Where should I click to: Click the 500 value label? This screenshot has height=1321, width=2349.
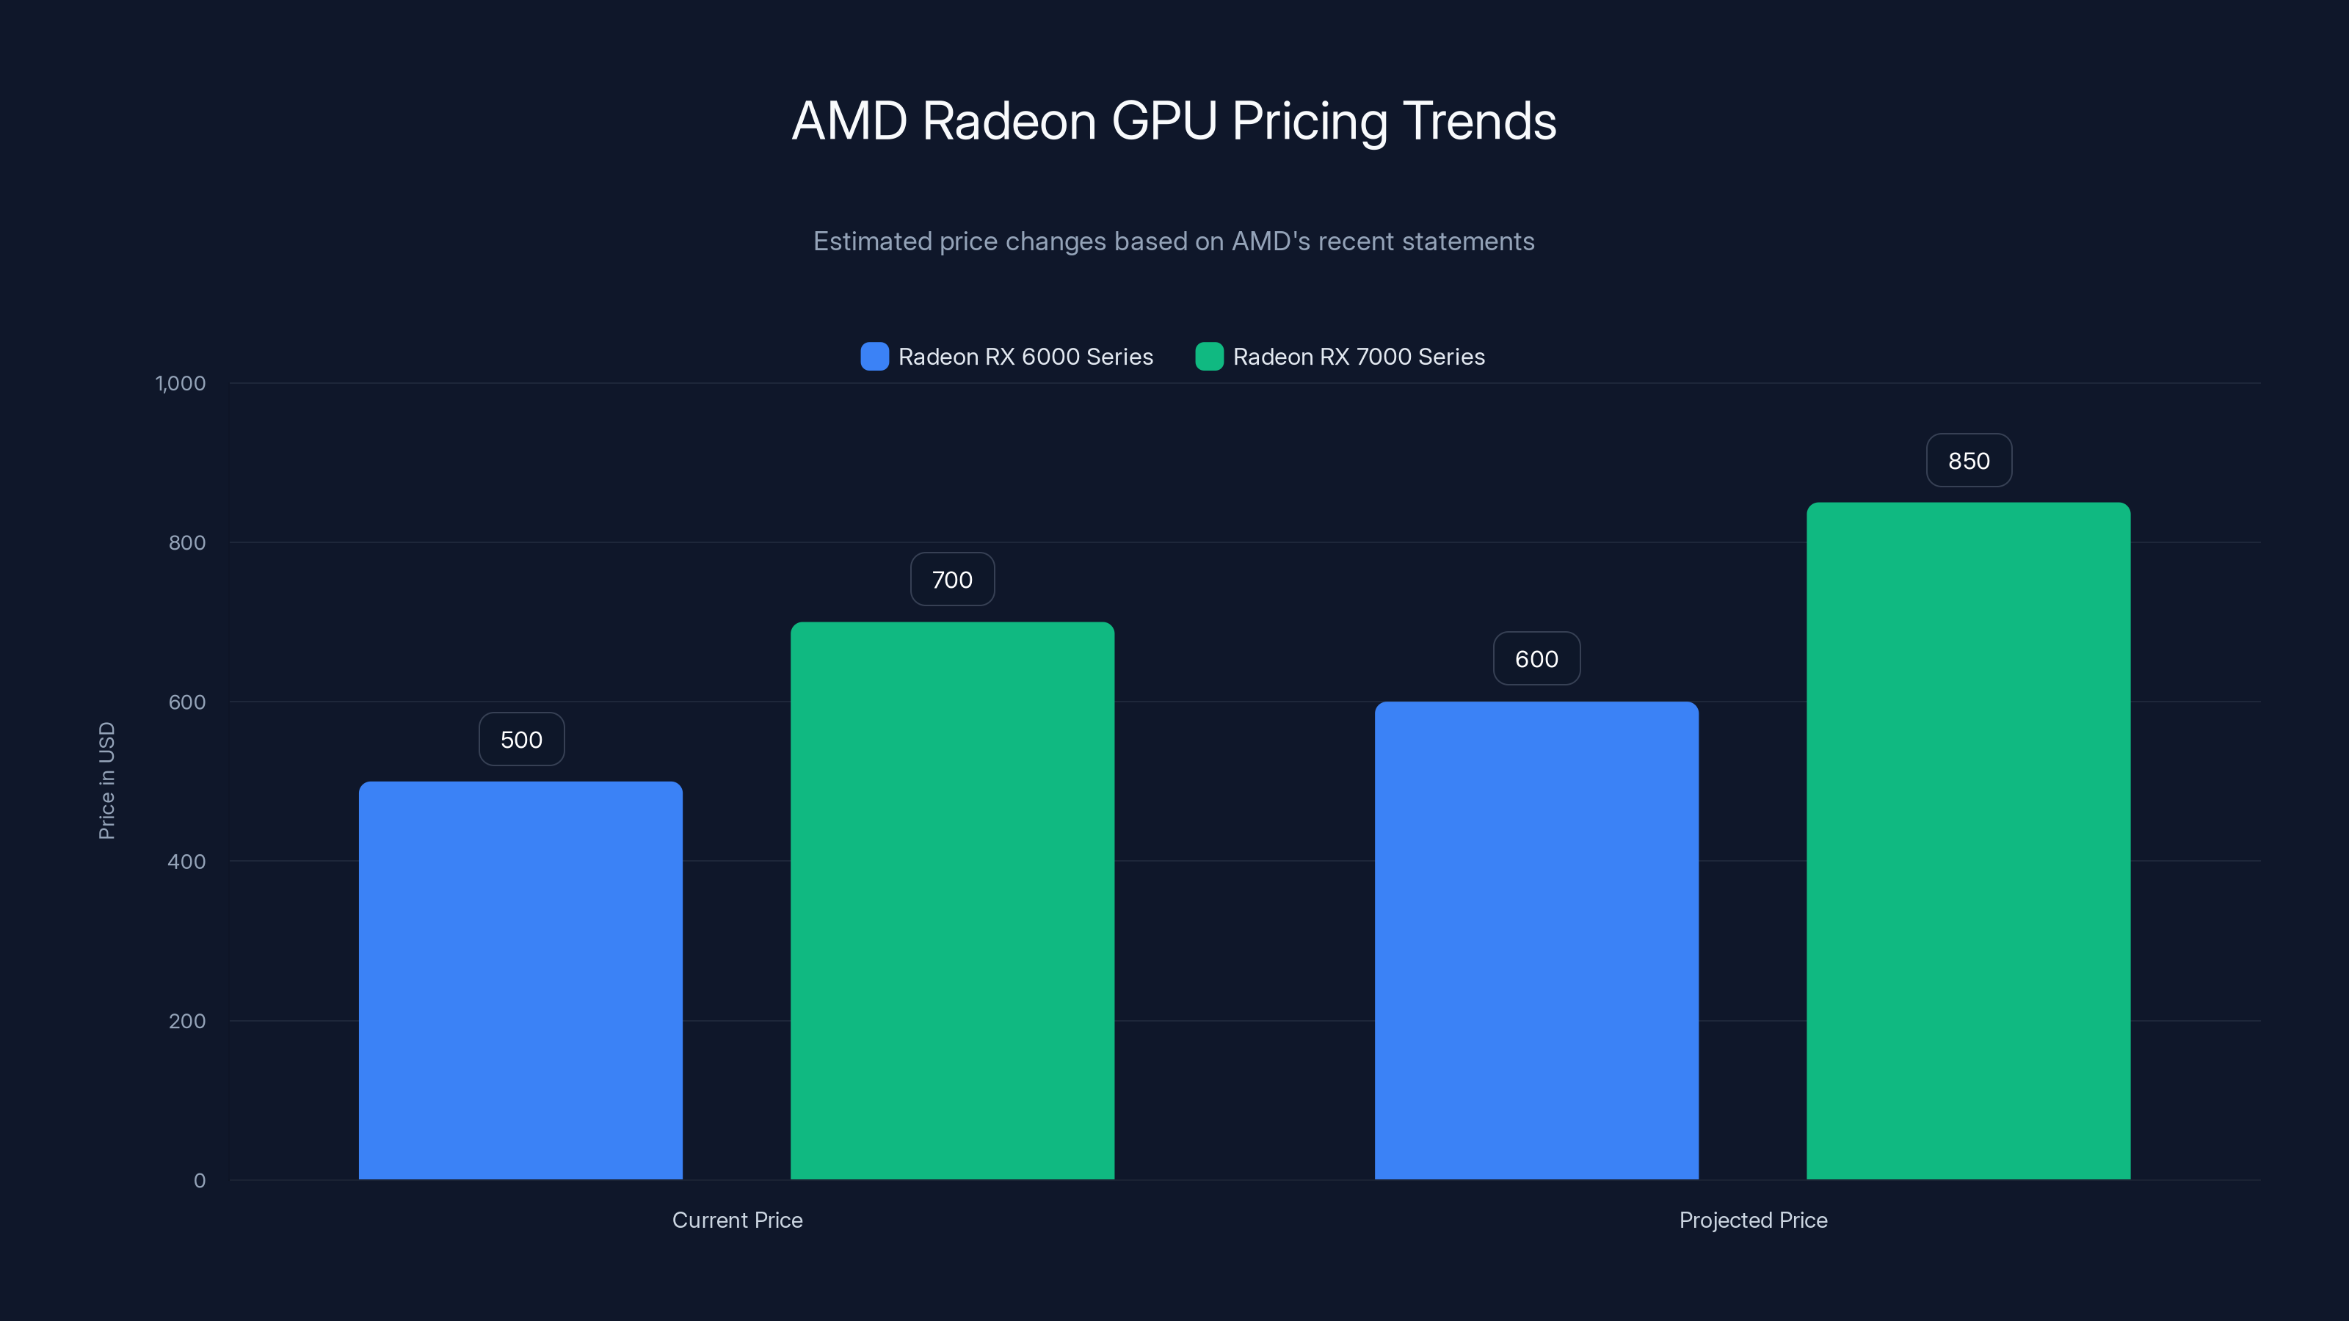coord(522,739)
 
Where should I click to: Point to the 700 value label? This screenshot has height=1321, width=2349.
coord(952,580)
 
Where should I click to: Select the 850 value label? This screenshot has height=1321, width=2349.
coord(1969,462)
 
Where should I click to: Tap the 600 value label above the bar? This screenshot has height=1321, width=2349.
coord(1536,659)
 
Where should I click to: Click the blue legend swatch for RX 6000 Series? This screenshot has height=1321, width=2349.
coord(874,357)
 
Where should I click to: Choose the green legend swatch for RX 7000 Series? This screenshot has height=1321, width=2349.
coord(1209,357)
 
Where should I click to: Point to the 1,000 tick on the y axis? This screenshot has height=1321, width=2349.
coord(181,384)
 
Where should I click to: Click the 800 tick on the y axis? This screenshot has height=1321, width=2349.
coord(187,543)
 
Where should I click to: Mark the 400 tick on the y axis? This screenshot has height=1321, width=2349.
coord(187,862)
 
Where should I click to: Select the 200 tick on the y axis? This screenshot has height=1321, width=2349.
coord(187,1021)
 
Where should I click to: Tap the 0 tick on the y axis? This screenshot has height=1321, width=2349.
coord(200,1181)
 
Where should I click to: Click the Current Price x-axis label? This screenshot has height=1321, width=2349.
coord(737,1220)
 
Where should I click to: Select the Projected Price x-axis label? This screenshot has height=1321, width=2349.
coord(1753,1220)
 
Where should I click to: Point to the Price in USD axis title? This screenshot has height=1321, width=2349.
coord(106,780)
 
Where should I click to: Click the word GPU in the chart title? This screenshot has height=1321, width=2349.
coord(1163,121)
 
